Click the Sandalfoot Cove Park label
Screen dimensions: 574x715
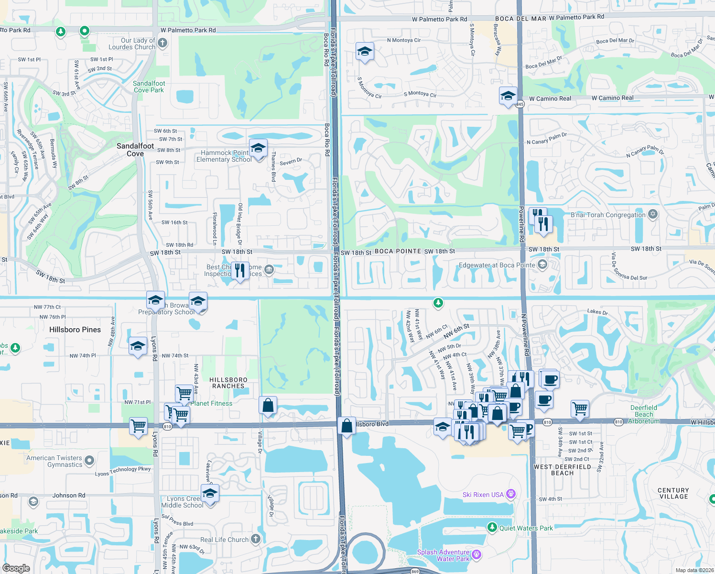click(x=149, y=87)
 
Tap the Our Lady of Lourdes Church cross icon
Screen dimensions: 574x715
click(x=162, y=44)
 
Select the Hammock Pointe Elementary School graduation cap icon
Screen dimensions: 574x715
click(x=258, y=148)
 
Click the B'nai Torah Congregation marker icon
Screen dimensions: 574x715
click(x=653, y=214)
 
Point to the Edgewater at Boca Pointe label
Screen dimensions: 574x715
click(x=497, y=265)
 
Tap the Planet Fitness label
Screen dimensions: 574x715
click(x=211, y=403)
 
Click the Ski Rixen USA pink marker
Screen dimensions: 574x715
click(x=511, y=494)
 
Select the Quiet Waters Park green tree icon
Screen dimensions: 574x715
click(x=492, y=527)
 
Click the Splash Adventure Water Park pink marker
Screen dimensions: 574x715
click(x=477, y=555)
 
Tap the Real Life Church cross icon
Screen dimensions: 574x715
click(x=256, y=539)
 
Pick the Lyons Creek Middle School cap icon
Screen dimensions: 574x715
click(x=210, y=493)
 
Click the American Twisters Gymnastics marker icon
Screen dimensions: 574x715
click(x=89, y=461)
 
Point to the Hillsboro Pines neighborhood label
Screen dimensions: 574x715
click(x=75, y=330)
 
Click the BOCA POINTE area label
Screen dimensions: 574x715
click(x=398, y=251)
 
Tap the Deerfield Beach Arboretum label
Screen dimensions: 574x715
click(x=644, y=414)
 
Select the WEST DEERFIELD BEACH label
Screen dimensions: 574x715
click(x=562, y=470)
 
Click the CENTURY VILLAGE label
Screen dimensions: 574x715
click(x=673, y=493)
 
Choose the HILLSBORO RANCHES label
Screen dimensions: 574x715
click(x=228, y=383)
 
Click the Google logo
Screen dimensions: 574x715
click(x=16, y=568)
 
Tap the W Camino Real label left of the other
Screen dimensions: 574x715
click(x=550, y=99)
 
